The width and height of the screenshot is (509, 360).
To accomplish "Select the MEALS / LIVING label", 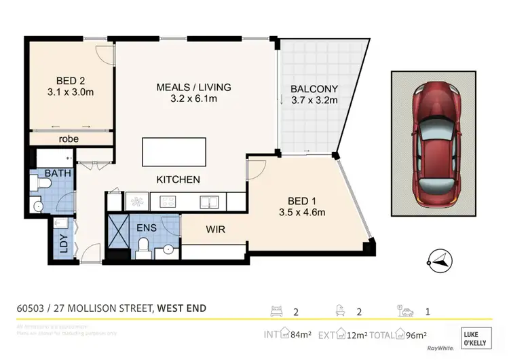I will (x=193, y=87).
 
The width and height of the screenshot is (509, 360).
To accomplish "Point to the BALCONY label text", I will (x=314, y=89).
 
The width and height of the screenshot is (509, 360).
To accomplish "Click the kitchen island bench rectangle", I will (x=173, y=151).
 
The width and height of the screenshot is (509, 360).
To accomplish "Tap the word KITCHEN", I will (x=178, y=180).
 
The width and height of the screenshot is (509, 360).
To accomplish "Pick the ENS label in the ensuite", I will (x=147, y=228).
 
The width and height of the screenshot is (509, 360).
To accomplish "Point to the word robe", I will (x=69, y=139).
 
